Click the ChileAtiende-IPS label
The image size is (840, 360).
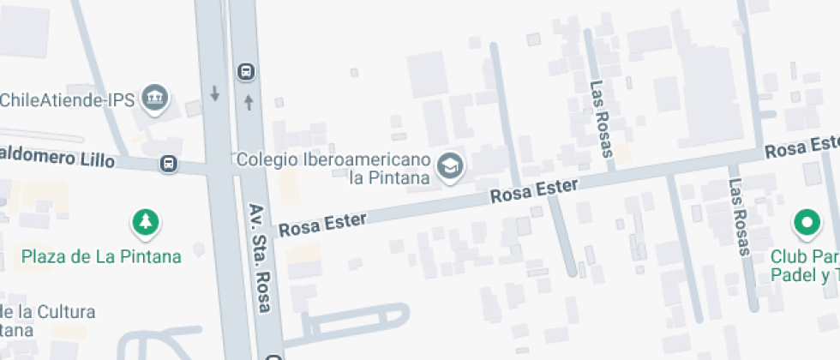coord(68,100)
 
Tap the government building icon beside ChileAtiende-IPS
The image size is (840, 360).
coord(155,99)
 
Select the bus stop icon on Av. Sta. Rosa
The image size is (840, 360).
coord(247,71)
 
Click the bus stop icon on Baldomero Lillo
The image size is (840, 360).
coord(169,163)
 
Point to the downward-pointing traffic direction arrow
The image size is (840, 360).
coord(214,93)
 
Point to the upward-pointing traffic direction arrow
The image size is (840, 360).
coord(249,103)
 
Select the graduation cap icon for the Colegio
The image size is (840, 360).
coord(449,167)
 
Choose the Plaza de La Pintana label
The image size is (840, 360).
coord(101,256)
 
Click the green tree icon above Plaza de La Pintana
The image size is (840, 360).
coord(146,223)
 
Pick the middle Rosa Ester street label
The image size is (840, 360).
coord(535,191)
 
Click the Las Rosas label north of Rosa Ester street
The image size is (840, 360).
coord(602,119)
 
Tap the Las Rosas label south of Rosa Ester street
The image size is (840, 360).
coord(738,217)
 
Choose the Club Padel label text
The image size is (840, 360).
coord(805,266)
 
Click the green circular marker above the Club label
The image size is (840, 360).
coord(806,224)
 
